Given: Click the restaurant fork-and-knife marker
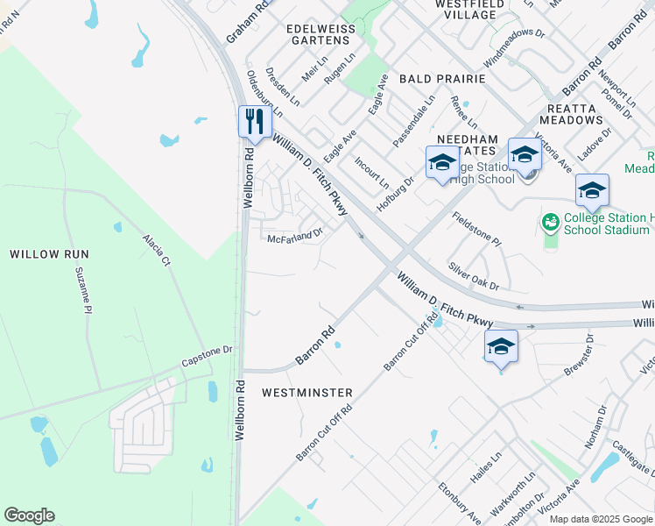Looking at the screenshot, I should coord(254,122).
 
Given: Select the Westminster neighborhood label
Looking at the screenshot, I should coord(307,393).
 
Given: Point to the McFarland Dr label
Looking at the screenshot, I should coord(295,236).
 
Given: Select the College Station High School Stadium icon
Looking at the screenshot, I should coord(551,223).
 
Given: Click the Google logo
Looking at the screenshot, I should coord(29,515).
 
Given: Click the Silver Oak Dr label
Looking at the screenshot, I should coord(473,274).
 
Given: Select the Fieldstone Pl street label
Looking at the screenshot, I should coord(475,229).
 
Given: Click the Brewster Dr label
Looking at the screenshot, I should coord(580,355).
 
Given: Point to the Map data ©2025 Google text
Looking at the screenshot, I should coord(600,519).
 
